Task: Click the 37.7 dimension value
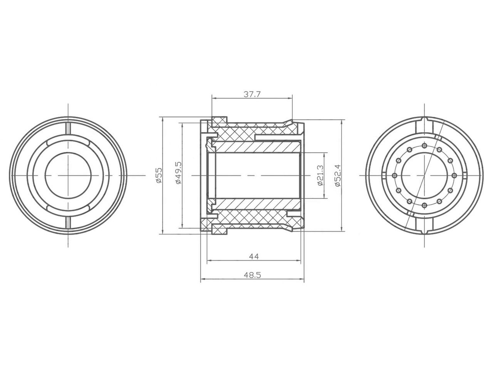252,94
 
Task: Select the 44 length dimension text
254,256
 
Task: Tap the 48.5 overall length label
252,275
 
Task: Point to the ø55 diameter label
159,175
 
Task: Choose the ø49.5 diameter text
179,173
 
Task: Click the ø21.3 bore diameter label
320,175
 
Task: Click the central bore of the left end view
68,175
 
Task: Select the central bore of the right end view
424,175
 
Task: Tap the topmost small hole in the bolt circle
424,146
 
